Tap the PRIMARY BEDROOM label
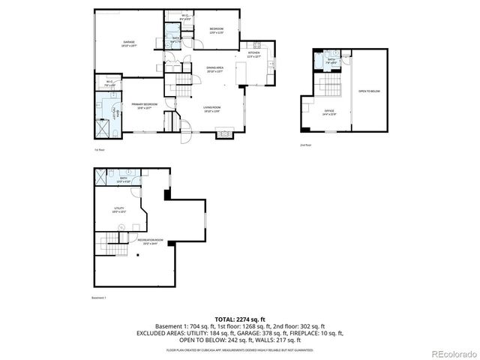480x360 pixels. coord(142,105)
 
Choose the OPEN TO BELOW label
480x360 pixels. coord(370,91)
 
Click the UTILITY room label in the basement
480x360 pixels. coord(118,209)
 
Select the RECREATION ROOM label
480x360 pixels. coord(149,241)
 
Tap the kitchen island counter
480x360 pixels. coord(241,75)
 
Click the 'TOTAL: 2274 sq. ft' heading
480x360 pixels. coord(239,319)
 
